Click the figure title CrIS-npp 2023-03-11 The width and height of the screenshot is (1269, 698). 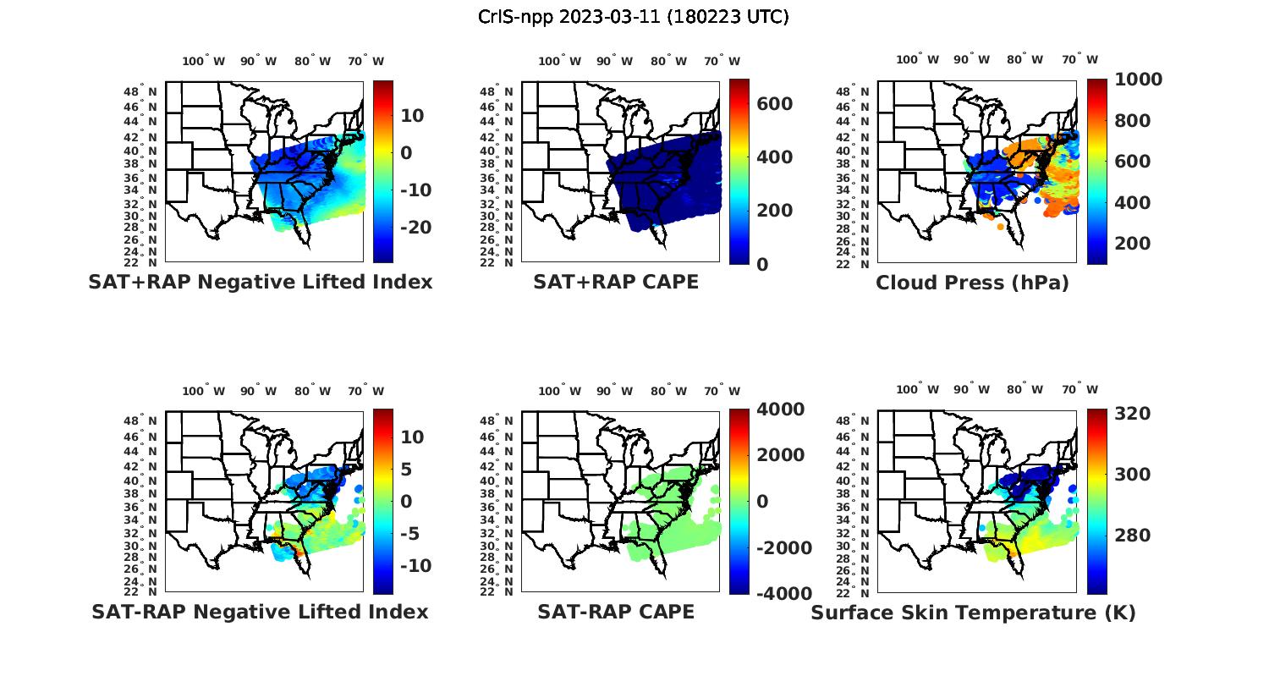point(634,17)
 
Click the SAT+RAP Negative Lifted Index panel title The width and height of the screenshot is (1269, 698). point(260,282)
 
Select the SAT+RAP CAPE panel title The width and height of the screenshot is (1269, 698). point(616,282)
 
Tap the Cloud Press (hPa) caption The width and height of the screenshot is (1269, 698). point(972,283)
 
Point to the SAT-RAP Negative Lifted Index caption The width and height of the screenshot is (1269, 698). point(260,612)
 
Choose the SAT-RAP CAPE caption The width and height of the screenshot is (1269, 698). point(616,612)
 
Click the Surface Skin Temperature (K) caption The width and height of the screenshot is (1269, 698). point(973,613)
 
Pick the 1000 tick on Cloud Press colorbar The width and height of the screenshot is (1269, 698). point(1138,80)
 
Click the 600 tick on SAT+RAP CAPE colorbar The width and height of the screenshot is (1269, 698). point(774,104)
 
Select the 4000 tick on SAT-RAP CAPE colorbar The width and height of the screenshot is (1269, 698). point(780,409)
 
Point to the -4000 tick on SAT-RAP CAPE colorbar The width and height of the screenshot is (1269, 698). point(783,593)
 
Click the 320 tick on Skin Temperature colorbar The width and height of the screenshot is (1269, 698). point(1132,413)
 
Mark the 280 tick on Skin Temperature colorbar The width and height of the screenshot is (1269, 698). point(1132,535)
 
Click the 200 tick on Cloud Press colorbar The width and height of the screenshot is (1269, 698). point(1132,243)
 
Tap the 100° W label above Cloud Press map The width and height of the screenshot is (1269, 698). point(917,59)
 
